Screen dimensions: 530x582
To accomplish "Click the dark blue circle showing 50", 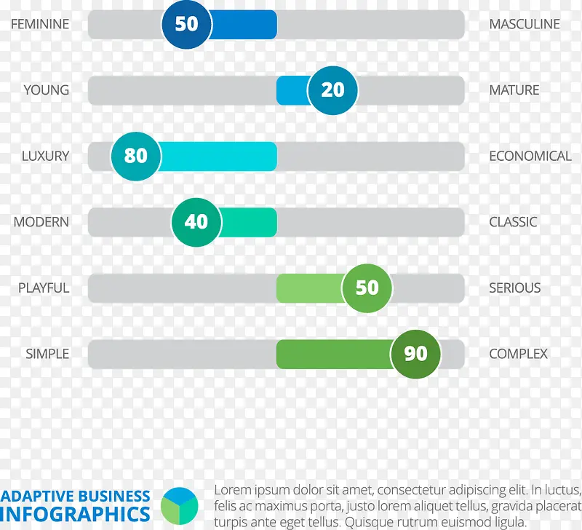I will [x=186, y=24].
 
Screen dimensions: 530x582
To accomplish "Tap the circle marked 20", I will [x=332, y=90].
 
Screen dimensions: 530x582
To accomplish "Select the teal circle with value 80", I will [x=136, y=156].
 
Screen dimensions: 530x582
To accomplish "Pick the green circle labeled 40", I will [x=196, y=221].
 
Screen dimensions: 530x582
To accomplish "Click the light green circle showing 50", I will [x=367, y=288].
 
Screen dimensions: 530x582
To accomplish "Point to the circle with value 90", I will [x=415, y=354].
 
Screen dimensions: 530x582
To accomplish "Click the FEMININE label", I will [x=40, y=24].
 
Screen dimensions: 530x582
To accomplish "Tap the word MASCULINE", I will [x=525, y=24].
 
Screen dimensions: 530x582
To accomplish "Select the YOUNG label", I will [x=47, y=90].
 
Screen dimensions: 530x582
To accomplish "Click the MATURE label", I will [x=514, y=90].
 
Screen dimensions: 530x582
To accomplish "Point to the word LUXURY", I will [x=45, y=156].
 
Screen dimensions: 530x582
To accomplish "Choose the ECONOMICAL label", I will [x=530, y=156].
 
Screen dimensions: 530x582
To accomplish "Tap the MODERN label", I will [x=41, y=222].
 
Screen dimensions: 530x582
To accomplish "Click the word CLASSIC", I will [x=513, y=222].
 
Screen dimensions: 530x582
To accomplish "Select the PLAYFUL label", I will [x=44, y=288].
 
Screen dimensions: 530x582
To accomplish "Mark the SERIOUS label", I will [x=515, y=288].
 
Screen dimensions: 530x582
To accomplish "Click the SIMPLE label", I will [x=47, y=354].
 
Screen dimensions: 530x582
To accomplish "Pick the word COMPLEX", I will [x=518, y=354].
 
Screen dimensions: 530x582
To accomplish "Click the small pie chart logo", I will [x=179, y=505].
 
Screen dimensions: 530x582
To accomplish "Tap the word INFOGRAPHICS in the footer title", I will [x=76, y=513].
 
